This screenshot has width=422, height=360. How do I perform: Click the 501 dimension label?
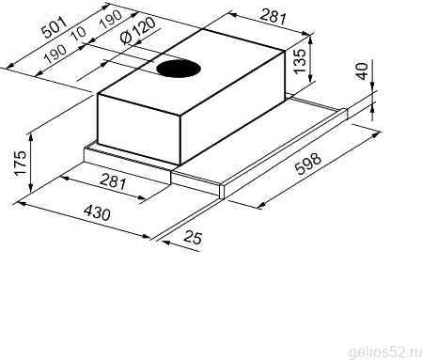click(55, 28)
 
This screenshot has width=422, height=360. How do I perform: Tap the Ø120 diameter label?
click(138, 31)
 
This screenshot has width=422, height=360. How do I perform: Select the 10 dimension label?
click(79, 33)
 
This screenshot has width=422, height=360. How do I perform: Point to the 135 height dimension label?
click(300, 61)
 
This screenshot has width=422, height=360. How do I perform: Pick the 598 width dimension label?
click(308, 164)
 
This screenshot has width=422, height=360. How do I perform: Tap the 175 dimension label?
click(21, 164)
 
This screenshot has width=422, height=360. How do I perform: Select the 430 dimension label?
click(97, 213)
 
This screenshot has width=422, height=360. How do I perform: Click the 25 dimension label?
click(193, 238)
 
